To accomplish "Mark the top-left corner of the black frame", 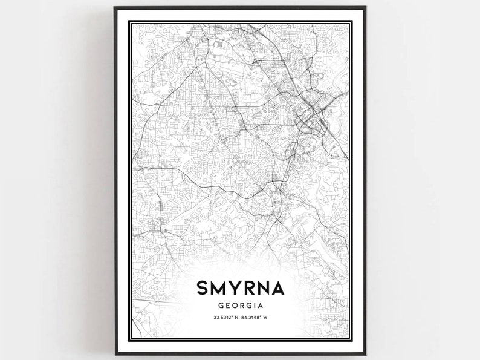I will [115, 8].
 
